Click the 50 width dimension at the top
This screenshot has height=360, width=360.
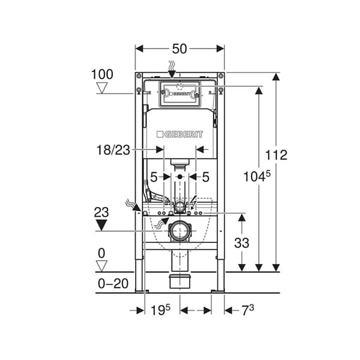coord(179,49)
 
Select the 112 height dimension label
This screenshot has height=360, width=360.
coord(276,155)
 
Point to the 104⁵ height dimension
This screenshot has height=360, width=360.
coord(257,177)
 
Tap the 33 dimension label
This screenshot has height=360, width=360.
coord(242,243)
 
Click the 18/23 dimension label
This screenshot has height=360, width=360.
coord(113,150)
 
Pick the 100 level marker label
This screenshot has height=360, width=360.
coord(102,74)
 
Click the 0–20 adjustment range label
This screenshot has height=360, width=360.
coord(113,284)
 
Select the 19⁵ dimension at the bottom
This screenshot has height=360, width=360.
coord(160,310)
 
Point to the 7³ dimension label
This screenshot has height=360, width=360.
coord(248,310)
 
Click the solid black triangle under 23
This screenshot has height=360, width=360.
coord(101,225)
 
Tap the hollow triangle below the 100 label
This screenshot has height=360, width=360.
coord(102,88)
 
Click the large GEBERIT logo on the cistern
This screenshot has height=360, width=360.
coord(179,134)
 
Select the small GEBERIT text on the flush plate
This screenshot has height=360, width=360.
coord(180,94)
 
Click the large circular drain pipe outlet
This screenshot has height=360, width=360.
coord(180,231)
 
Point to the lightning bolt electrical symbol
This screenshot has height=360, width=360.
coord(193,202)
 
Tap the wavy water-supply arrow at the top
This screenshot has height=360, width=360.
coord(172,69)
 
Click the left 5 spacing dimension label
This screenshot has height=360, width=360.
coord(154,177)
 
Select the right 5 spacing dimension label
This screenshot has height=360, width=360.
coord(206,177)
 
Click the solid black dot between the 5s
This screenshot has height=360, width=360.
coord(180,177)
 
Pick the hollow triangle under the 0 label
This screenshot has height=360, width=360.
coord(101,266)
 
